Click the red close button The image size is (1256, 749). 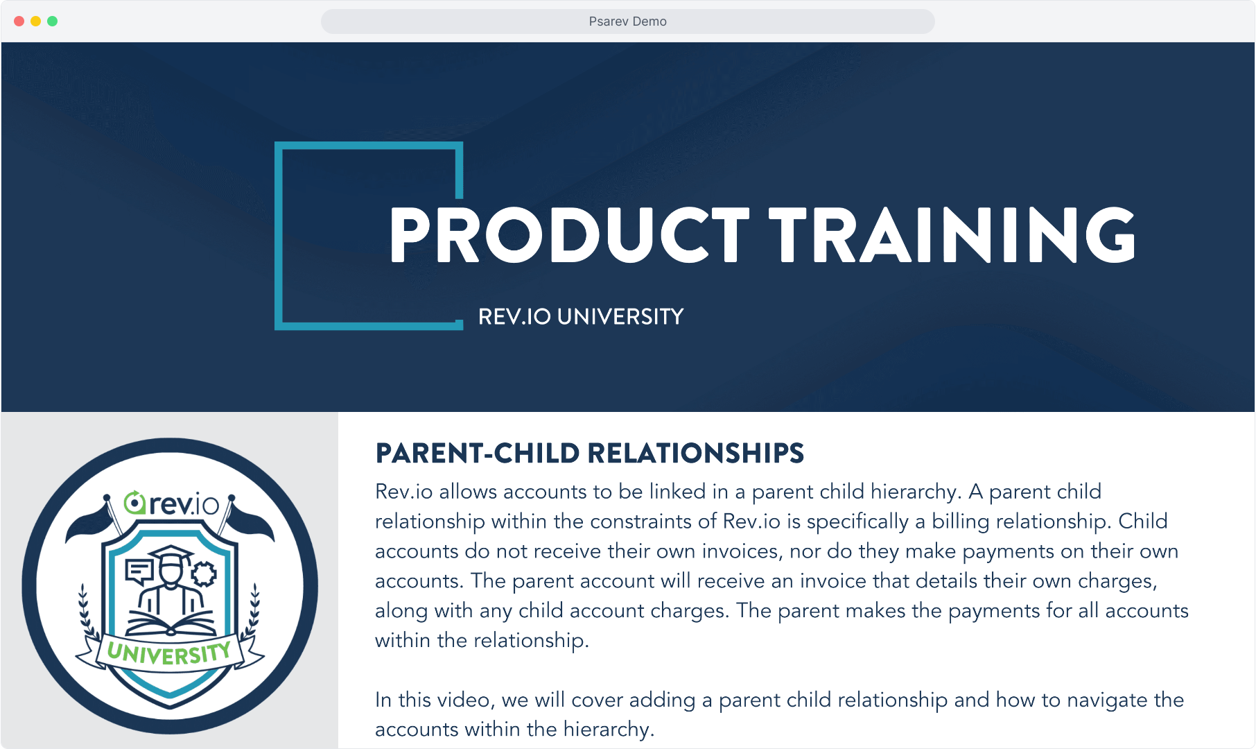click(x=19, y=21)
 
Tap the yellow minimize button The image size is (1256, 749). click(x=35, y=21)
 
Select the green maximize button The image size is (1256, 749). click(x=52, y=21)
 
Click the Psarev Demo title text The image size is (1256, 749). click(x=627, y=21)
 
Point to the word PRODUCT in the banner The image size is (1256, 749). click(x=569, y=235)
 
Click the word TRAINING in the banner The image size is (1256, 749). click(x=952, y=235)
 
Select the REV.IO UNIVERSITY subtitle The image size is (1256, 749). click(x=581, y=317)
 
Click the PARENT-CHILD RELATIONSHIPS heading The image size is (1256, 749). click(x=589, y=454)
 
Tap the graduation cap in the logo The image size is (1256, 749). click(x=171, y=556)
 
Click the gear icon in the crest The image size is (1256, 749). click(x=204, y=574)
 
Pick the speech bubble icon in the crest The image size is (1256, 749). click(x=139, y=572)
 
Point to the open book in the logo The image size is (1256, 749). click(x=171, y=623)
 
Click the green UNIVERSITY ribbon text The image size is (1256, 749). click(x=169, y=653)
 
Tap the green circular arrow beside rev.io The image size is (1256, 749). click(x=134, y=503)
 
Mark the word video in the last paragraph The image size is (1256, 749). click(x=464, y=700)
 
